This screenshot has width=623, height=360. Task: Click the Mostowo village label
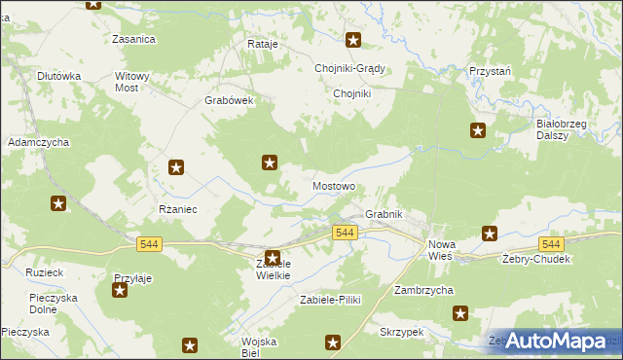coord(333,185)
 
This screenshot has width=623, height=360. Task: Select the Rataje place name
coord(263,45)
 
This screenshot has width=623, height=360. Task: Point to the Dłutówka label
coord(57,75)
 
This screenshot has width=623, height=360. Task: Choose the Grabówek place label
coord(229,100)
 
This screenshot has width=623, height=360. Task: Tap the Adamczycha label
coord(38,142)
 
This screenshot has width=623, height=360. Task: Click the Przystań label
coord(491,72)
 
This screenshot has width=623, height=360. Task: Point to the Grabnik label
coord(383,214)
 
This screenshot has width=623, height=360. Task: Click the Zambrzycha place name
coord(425,290)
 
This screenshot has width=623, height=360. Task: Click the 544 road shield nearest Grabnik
coord(345,233)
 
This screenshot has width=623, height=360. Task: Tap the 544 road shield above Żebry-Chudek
coord(551,244)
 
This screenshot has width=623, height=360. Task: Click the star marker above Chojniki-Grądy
coord(353,41)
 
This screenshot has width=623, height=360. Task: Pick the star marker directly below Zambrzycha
coord(460,313)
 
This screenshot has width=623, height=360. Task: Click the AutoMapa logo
coord(554,341)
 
